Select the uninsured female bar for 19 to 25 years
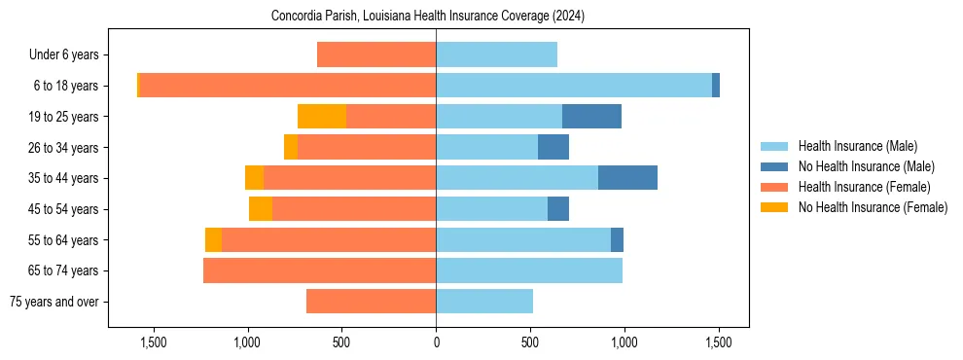coord(322,117)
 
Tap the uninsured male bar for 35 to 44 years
coord(627,178)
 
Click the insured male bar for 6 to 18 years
coord(574,86)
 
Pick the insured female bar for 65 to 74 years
coord(319,270)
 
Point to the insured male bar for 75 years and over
coord(484,302)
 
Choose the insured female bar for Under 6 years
coord(376,55)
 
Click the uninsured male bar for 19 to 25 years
coord(591,117)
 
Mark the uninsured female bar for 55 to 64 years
coord(213,240)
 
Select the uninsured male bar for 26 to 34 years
coord(553,148)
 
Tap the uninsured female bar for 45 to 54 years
coord(261,209)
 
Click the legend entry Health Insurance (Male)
coord(857,146)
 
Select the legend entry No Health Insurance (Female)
coord(873,207)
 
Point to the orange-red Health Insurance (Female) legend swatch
coord(775,187)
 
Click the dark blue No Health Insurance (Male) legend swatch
coord(775,166)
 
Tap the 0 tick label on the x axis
coord(436,343)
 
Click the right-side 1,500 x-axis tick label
coord(718,343)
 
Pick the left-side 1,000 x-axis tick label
coord(247,343)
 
